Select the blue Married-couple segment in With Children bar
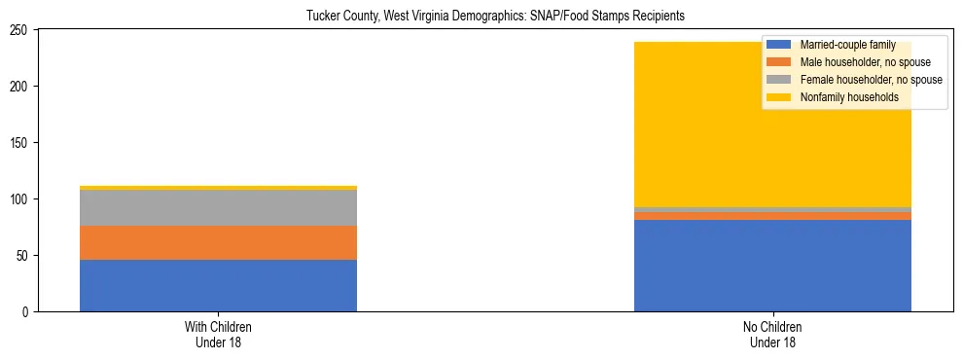(218, 285)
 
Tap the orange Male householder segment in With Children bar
(218, 242)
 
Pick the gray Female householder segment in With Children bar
(218, 208)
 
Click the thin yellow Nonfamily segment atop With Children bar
(218, 188)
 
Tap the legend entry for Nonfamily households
(842, 97)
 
